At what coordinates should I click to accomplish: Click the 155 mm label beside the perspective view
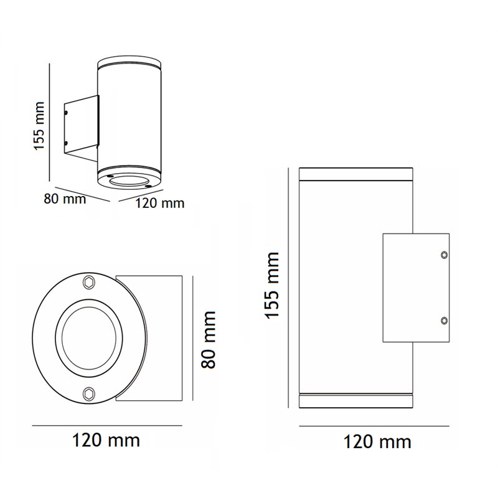[x=39, y=126]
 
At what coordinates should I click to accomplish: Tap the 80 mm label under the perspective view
[x=65, y=199]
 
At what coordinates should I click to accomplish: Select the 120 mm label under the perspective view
[x=160, y=204]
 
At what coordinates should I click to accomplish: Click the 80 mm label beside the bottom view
[x=209, y=339]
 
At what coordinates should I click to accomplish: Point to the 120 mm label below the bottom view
[x=106, y=441]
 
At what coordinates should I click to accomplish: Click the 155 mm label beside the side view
[x=272, y=285]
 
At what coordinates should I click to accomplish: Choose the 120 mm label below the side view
[x=377, y=442]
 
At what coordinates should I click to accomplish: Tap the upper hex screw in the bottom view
[x=88, y=283]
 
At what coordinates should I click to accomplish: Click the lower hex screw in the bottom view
[x=88, y=394]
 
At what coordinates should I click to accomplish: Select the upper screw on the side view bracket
[x=444, y=255]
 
